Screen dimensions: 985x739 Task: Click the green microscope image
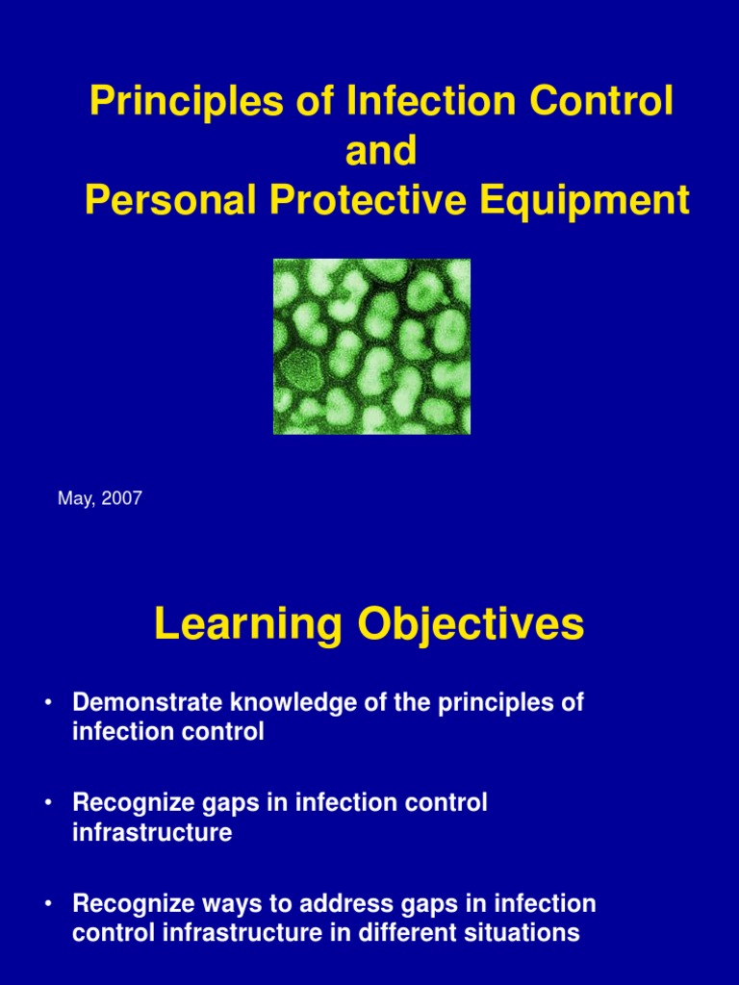click(371, 346)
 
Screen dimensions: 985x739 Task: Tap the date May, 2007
click(99, 498)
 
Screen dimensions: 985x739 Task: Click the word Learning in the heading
click(247, 625)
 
